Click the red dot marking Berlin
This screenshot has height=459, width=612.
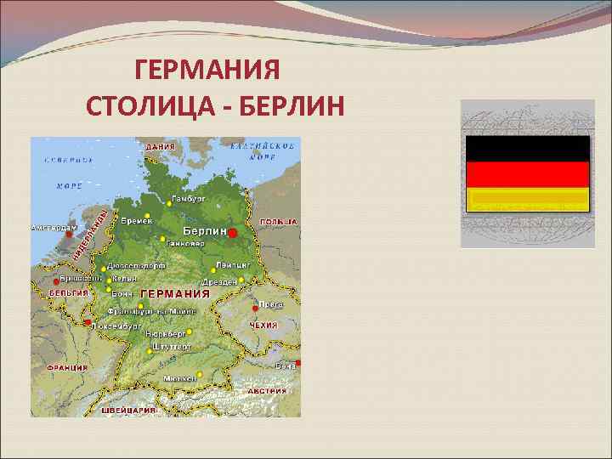(232, 232)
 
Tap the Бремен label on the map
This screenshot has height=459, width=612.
(135, 220)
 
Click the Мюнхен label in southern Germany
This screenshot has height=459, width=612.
(180, 378)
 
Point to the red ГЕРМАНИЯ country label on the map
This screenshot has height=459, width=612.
(175, 293)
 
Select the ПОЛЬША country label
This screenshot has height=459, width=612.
(279, 221)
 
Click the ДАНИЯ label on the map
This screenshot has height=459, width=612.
(161, 146)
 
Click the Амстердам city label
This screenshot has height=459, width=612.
(54, 228)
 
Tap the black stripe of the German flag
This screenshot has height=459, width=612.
(527, 148)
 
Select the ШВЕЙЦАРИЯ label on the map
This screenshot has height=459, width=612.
(129, 409)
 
